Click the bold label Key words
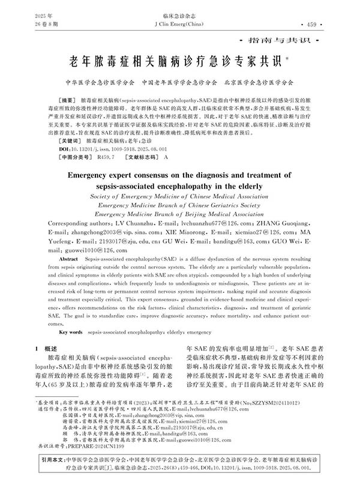[x=71, y=331]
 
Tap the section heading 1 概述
[x=47, y=348]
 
